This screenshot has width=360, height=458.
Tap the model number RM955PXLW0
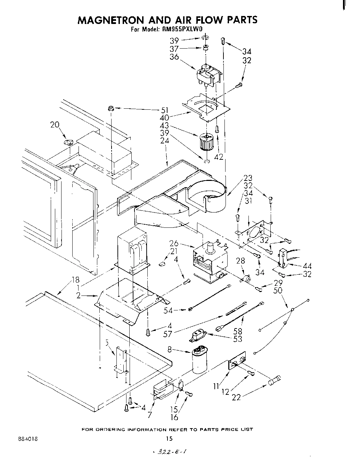pyautogui.click(x=180, y=29)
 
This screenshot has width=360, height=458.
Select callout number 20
pyautogui.click(x=55, y=125)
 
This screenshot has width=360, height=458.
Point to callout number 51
pyautogui.click(x=164, y=111)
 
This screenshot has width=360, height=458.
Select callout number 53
pyautogui.click(x=238, y=339)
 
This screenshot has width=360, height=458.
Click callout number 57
pyautogui.click(x=168, y=334)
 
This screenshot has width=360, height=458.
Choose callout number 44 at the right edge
pyautogui.click(x=307, y=266)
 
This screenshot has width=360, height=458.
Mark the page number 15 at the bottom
pyautogui.click(x=170, y=439)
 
